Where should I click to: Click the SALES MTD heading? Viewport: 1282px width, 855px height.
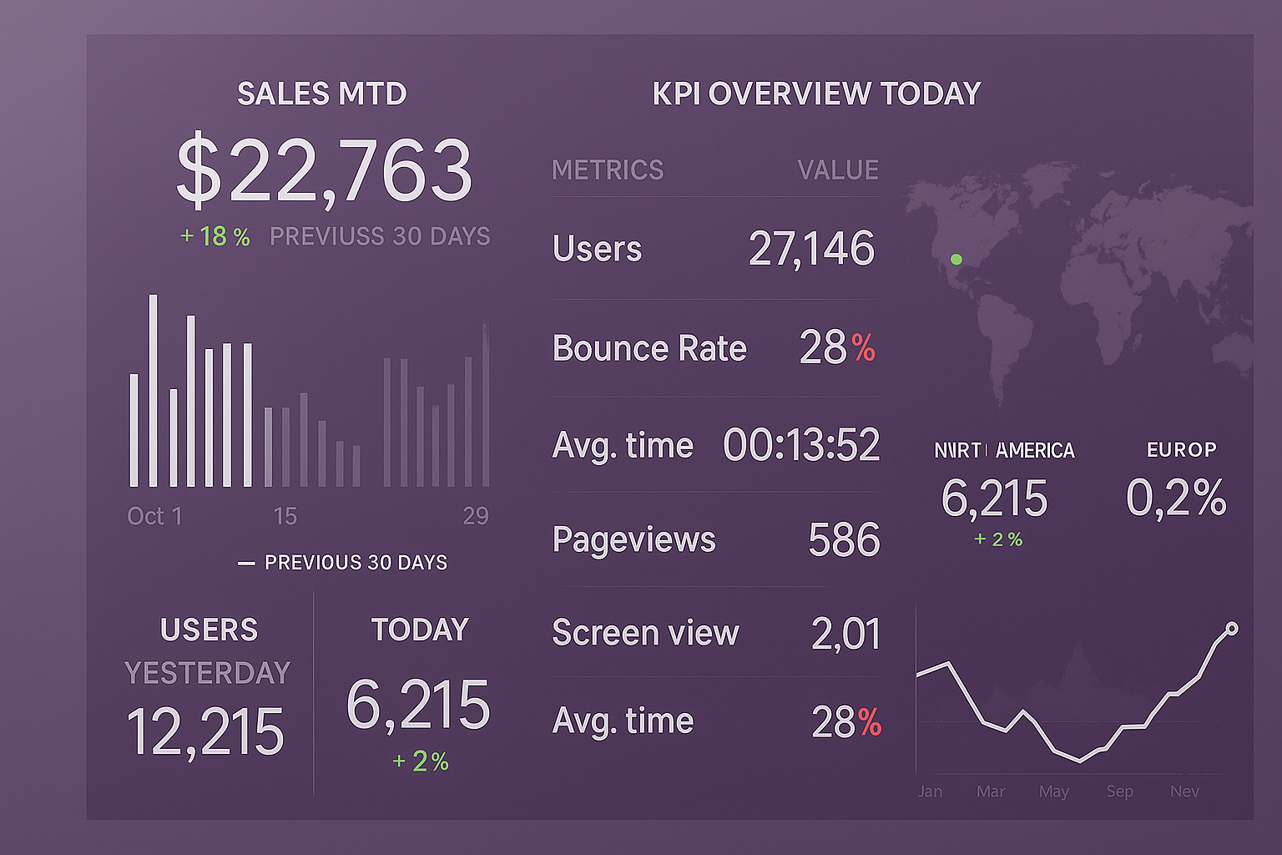tap(321, 94)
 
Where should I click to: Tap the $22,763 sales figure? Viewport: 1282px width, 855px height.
tap(324, 170)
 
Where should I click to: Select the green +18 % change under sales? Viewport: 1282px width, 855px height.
tap(215, 237)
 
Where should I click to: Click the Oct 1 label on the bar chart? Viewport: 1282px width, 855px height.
tap(154, 516)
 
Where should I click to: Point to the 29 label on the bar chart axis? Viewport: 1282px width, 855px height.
tap(476, 516)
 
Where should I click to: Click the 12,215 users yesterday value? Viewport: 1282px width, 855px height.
tap(205, 732)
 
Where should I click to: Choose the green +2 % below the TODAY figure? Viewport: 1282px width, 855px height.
tap(421, 761)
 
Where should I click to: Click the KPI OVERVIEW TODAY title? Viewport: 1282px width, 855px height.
tap(816, 94)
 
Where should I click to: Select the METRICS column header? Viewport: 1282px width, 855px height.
tap(608, 170)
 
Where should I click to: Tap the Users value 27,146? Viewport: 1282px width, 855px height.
tap(811, 249)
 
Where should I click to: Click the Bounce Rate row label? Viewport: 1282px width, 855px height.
tap(649, 348)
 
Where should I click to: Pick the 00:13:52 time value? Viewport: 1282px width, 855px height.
tap(801, 445)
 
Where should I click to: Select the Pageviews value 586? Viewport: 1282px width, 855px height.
tap(844, 540)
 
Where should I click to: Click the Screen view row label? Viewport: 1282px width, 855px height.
tap(645, 633)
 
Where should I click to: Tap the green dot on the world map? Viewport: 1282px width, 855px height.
tap(956, 260)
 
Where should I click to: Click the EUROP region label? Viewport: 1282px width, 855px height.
tap(1181, 450)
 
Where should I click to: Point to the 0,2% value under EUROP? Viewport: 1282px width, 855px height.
tap(1176, 498)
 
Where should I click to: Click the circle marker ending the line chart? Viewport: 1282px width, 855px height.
tap(1232, 629)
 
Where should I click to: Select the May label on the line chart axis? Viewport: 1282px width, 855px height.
tap(1054, 792)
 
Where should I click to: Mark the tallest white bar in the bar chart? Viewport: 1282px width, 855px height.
tap(154, 391)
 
